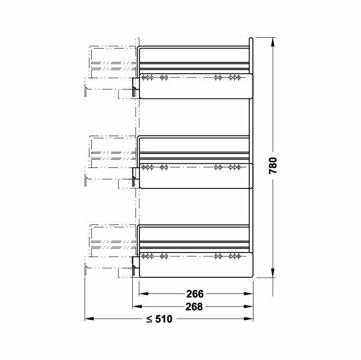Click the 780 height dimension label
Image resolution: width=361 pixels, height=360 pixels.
coord(273,166)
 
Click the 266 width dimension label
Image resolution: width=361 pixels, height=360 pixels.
coord(195,294)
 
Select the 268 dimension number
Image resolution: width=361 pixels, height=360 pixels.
coord(194,307)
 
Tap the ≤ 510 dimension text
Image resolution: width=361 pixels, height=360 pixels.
coord(159,319)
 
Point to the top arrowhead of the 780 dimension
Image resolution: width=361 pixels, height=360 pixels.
coord(273,43)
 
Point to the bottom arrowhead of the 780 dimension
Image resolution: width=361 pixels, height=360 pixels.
coord(273,273)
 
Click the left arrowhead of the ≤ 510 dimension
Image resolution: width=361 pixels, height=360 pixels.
coord(89,319)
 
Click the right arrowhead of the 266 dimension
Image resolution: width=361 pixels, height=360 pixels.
coord(249,294)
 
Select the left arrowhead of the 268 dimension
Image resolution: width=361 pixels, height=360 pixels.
coord(137,307)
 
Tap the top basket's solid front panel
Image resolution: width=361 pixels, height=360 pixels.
coord(196,86)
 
